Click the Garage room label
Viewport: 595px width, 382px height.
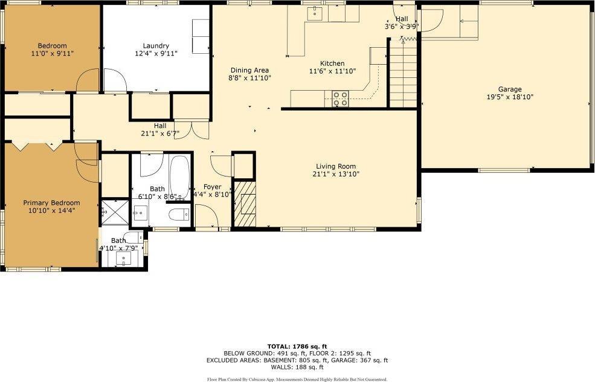click(x=510, y=89)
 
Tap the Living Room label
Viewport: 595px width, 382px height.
click(x=336, y=166)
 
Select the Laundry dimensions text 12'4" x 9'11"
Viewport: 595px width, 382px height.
click(x=156, y=54)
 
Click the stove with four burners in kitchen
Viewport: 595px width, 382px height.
click(x=340, y=99)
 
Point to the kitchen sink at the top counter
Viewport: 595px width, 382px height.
click(x=315, y=13)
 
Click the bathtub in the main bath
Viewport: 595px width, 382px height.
click(x=179, y=178)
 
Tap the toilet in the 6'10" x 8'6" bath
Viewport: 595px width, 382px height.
click(x=179, y=215)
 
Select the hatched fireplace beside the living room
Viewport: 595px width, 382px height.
click(x=245, y=204)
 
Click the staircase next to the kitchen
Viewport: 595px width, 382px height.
click(x=404, y=73)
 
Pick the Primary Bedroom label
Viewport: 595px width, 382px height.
click(x=51, y=202)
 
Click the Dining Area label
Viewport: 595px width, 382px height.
click(x=249, y=70)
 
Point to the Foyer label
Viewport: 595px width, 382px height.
click(x=212, y=187)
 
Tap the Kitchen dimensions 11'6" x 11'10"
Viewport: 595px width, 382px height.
click(x=332, y=71)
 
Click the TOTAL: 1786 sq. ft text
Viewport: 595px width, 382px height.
click(x=297, y=346)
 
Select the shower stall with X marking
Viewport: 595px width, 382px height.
click(x=115, y=212)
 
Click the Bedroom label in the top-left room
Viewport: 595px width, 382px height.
click(x=53, y=46)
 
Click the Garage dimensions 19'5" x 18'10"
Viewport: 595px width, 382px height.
click(x=510, y=97)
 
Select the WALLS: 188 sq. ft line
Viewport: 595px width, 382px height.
click(x=297, y=367)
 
